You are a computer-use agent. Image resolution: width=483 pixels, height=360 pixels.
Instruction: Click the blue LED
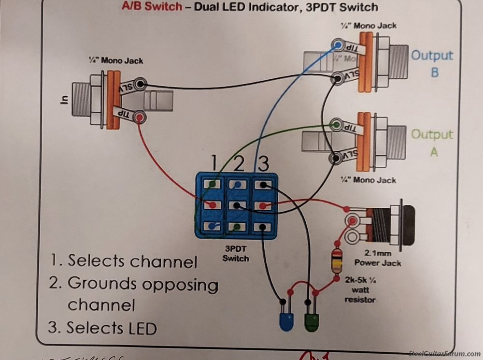(286, 321)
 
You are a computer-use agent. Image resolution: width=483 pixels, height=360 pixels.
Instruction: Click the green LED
(311, 321)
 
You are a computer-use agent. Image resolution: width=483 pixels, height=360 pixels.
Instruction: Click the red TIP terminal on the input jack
(140, 117)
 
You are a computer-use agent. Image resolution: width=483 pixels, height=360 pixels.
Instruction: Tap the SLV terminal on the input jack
(140, 84)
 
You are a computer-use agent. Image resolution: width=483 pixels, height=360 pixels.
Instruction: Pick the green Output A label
(432, 142)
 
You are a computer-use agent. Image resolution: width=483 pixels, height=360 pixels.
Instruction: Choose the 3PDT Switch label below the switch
(236, 254)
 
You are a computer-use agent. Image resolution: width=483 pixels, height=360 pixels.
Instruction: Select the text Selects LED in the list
(112, 328)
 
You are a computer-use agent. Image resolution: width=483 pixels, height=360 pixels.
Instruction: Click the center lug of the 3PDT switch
(236, 205)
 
